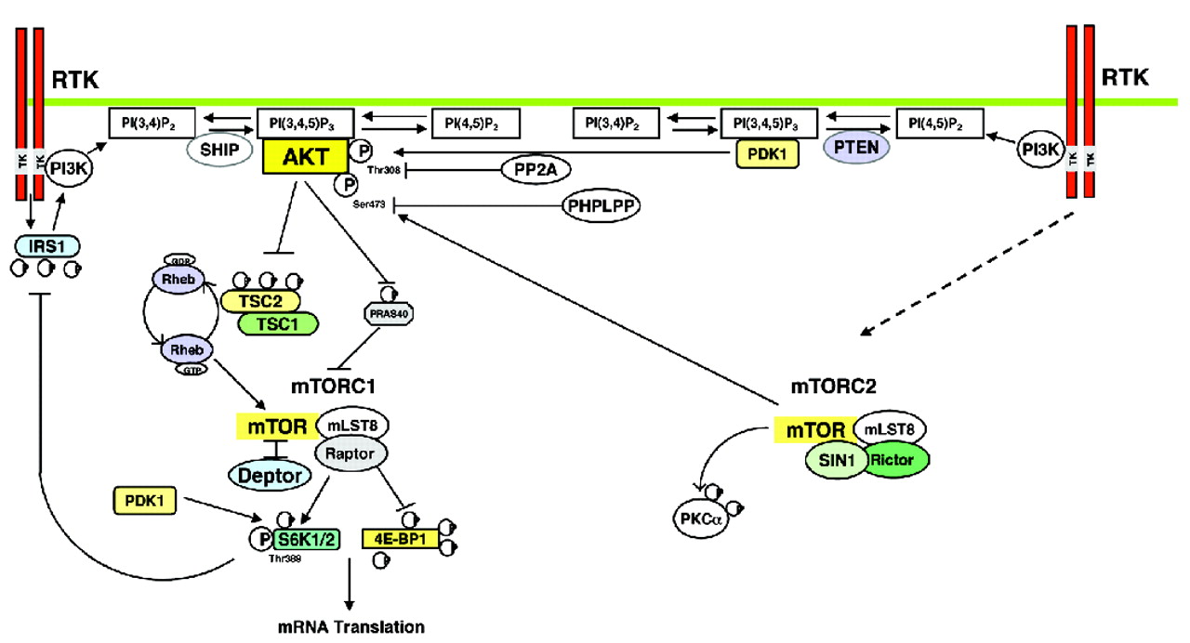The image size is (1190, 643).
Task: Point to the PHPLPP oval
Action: point(602,205)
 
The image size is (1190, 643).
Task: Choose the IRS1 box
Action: point(46,245)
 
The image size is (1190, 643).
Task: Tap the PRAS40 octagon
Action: point(386,314)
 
